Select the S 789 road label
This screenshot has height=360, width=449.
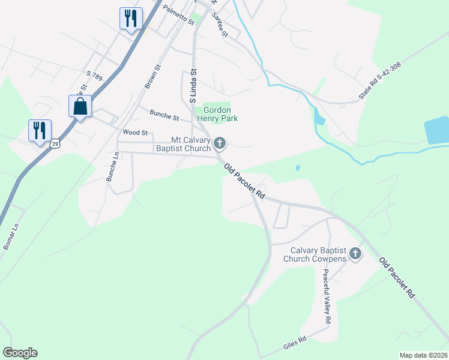click(96, 76)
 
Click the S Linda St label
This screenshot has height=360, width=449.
click(193, 86)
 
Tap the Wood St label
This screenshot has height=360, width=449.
click(135, 132)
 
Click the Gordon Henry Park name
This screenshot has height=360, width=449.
click(220, 114)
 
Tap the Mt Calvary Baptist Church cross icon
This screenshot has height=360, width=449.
click(220, 143)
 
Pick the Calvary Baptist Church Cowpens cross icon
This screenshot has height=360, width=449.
click(355, 254)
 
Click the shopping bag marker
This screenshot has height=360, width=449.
click(80, 107)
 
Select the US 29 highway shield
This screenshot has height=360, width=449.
click(55, 144)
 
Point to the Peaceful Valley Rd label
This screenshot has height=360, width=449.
click(326, 296)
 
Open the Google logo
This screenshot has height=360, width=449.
click(20, 353)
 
